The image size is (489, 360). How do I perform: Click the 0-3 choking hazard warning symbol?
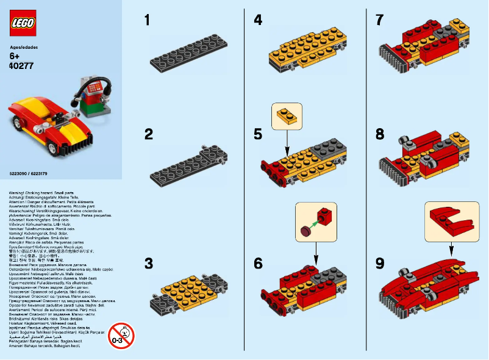[x=121, y=335]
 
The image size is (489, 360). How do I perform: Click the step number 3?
[x=148, y=264]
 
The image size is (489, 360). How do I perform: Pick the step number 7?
[x=380, y=21]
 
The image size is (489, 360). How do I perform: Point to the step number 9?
[x=380, y=264]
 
